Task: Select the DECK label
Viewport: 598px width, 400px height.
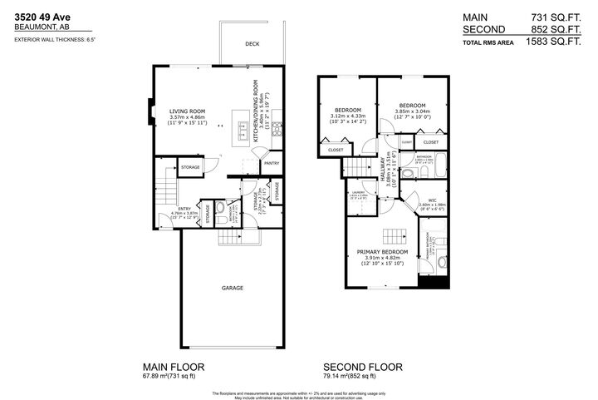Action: [x=252, y=45]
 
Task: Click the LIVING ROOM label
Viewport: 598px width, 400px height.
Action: [x=187, y=110]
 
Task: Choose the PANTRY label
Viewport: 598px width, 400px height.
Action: [x=271, y=164]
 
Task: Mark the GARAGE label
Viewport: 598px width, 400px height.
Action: [x=232, y=288]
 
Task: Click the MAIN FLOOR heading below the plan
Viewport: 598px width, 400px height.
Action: [x=173, y=366]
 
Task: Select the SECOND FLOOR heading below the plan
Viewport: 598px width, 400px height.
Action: [x=363, y=366]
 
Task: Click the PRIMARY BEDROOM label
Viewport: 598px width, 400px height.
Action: [x=382, y=251]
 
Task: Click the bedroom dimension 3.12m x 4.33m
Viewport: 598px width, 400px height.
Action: [x=347, y=117]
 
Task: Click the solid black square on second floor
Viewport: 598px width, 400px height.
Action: [x=434, y=282]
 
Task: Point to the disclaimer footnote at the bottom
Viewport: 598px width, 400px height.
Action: [x=298, y=393]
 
